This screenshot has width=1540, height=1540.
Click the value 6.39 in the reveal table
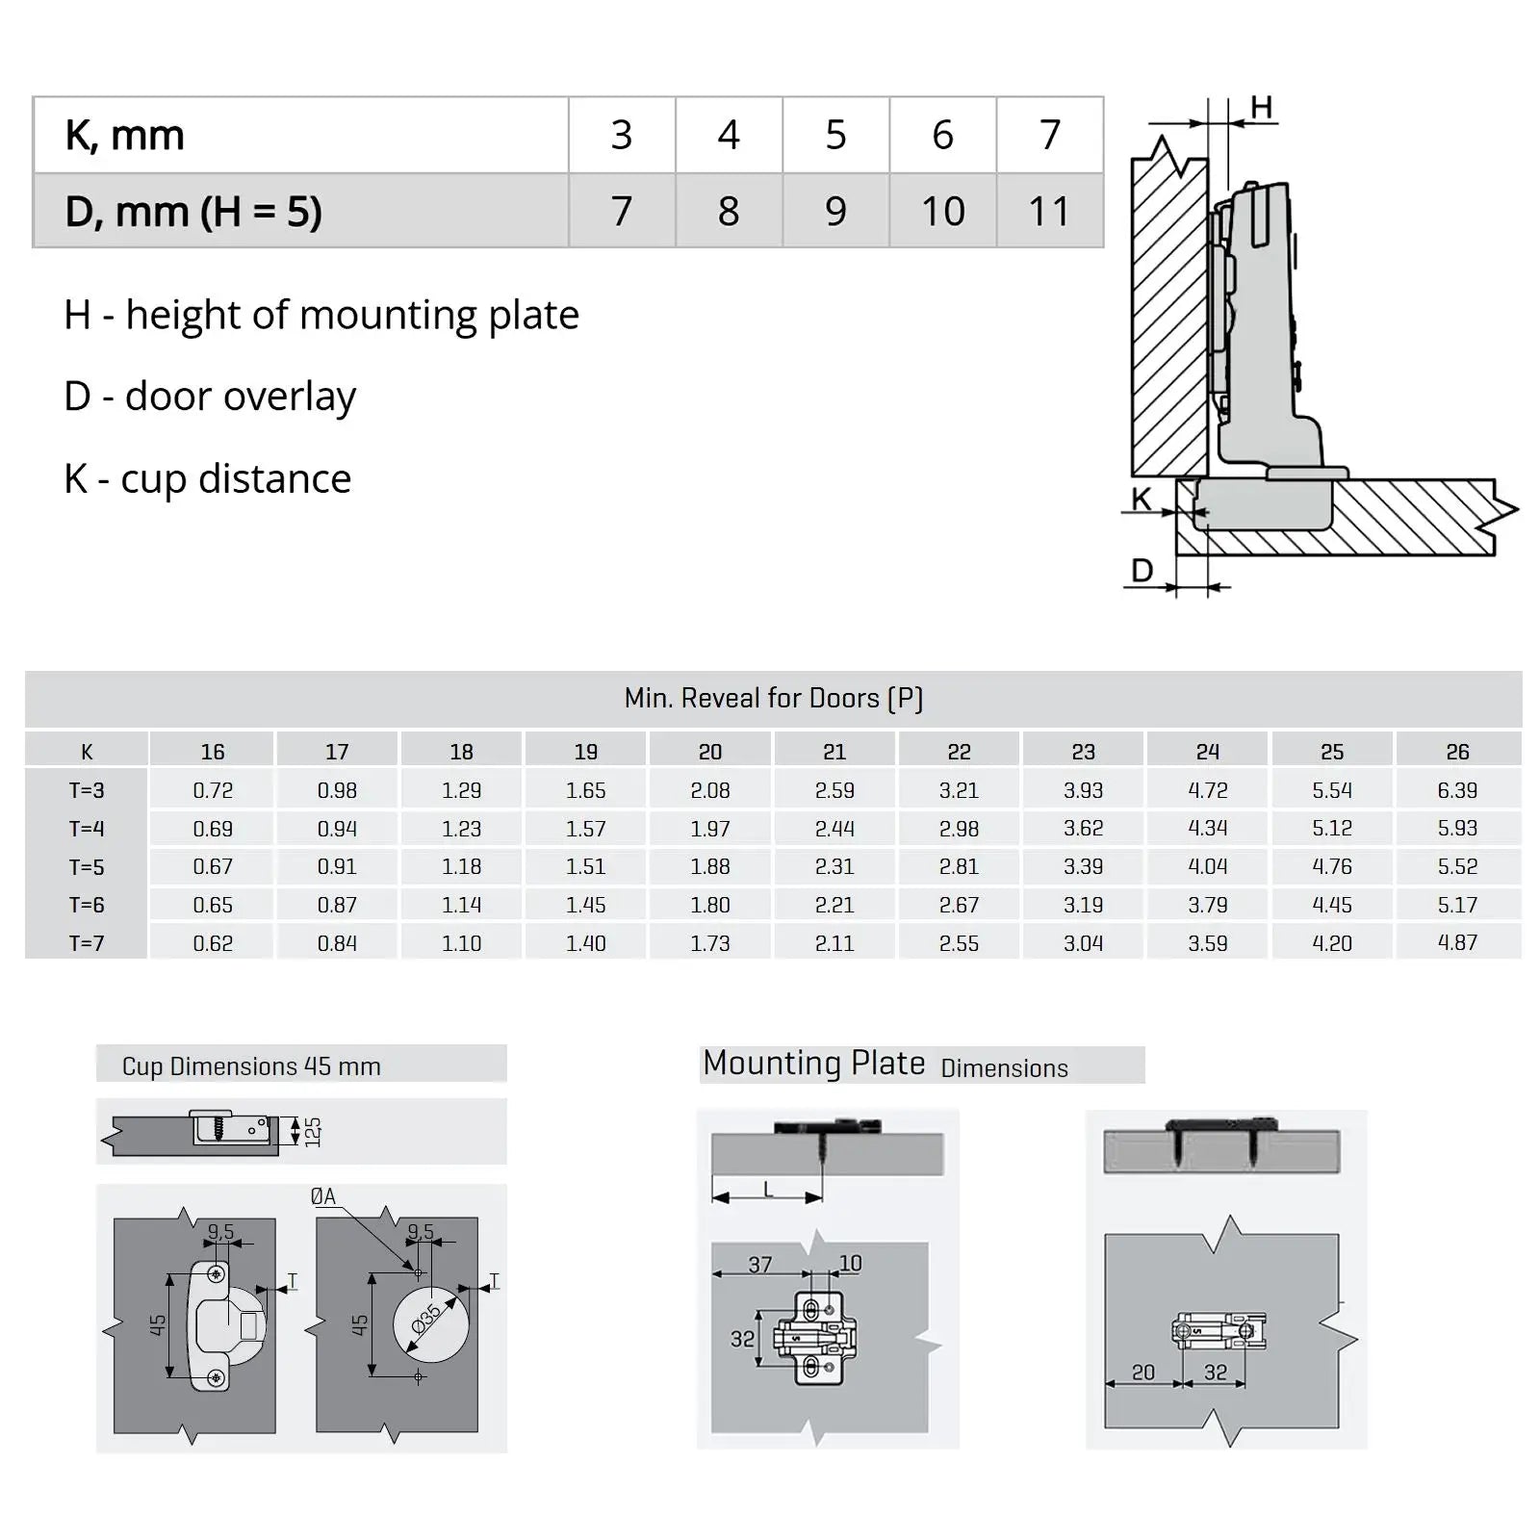(1456, 790)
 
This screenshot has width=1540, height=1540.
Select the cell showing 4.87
(1456, 943)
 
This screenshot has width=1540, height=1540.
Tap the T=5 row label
(87, 867)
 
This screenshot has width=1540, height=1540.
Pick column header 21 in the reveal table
(834, 752)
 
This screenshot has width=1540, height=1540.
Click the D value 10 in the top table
(942, 212)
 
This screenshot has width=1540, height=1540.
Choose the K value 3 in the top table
(622, 136)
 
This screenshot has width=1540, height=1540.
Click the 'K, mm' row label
(124, 136)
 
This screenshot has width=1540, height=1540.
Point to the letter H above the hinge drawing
(1261, 107)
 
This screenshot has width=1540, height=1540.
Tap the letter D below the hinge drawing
(1142, 571)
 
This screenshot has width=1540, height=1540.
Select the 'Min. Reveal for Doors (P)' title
(773, 698)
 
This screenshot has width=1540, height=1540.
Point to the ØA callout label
(323, 1196)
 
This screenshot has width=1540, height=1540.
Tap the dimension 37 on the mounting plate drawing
(759, 1265)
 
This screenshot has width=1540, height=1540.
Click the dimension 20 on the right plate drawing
(1142, 1373)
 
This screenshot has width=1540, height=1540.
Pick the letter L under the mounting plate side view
(768, 1191)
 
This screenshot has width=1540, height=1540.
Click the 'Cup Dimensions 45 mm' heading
(251, 1066)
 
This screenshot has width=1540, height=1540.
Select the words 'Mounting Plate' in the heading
(813, 1064)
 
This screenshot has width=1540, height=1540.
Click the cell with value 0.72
(213, 790)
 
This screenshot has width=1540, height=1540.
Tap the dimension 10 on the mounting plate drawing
(850, 1263)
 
